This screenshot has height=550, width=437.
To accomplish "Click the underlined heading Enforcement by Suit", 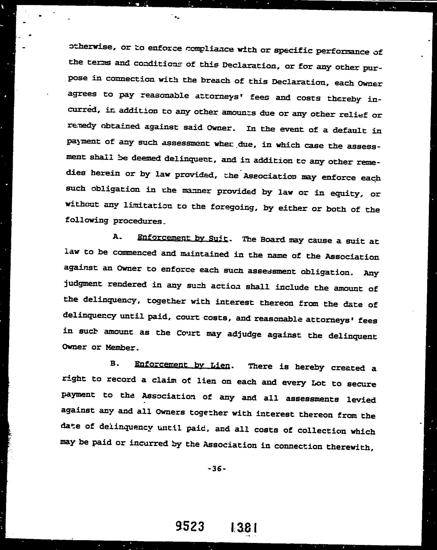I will tap(182, 238).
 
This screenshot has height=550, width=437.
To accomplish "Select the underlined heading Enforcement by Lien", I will tap(182, 365).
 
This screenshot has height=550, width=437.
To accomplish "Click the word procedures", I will tap(139, 221).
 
